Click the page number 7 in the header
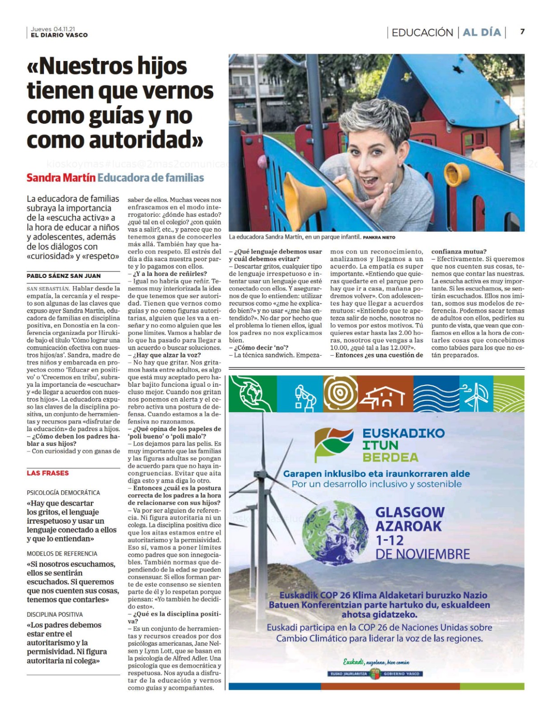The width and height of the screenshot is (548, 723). point(522,32)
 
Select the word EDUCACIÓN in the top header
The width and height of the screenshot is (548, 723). point(422,33)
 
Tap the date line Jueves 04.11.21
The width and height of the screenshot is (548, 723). point(53,29)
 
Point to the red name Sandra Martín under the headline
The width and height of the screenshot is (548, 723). point(61,178)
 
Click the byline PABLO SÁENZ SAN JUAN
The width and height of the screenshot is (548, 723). point(64,276)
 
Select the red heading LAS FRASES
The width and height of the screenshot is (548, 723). point(47,473)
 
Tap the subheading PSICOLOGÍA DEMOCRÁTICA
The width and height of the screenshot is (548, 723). point(63,493)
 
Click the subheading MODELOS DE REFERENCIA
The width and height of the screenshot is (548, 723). point(62,554)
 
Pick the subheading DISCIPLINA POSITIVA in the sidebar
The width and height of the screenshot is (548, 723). point(55,615)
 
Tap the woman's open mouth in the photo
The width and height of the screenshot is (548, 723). point(370,181)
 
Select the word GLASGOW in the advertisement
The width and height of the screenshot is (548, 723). point(410,512)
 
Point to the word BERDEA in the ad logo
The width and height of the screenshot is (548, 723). point(390,457)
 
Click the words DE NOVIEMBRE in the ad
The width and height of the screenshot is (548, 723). point(422,554)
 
